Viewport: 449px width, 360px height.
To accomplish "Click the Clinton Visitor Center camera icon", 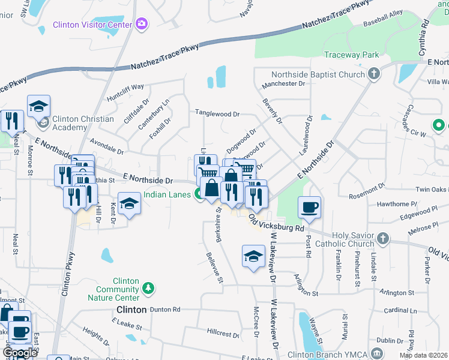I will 142,24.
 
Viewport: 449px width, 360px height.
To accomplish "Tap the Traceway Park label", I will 351,55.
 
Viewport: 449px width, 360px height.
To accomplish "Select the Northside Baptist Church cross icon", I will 375,75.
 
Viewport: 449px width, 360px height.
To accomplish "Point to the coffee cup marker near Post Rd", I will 310,208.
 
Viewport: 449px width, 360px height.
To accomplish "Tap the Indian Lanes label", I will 167,194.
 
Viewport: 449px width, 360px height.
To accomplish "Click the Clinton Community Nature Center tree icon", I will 149,289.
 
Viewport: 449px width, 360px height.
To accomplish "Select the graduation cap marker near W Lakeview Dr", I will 253,257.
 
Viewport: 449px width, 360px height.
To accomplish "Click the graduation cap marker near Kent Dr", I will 128,204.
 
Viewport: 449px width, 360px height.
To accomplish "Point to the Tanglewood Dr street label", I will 217,113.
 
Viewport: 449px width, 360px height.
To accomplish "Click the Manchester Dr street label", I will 283,84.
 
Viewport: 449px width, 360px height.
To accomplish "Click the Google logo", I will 20,353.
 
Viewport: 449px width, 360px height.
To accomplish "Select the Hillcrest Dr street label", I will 223,331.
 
